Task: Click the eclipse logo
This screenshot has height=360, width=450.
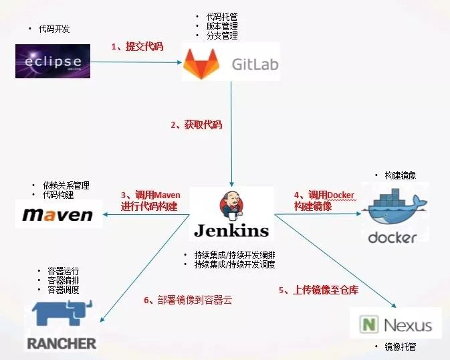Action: [x=52, y=61]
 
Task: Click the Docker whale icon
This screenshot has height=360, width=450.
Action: [x=392, y=209]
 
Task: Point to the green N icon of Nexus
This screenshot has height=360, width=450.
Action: [x=368, y=325]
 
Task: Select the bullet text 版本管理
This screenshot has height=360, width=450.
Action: [x=222, y=25]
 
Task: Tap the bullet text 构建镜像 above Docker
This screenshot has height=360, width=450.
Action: [x=400, y=175]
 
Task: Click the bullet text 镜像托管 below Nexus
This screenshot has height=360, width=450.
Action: [x=400, y=347]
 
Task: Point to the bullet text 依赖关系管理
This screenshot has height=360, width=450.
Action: [x=66, y=185]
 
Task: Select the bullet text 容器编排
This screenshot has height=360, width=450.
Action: [x=63, y=280]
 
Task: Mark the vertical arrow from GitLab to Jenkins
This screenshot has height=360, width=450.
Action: [x=231, y=134]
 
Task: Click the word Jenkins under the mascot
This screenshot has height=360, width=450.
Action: [x=231, y=231]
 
